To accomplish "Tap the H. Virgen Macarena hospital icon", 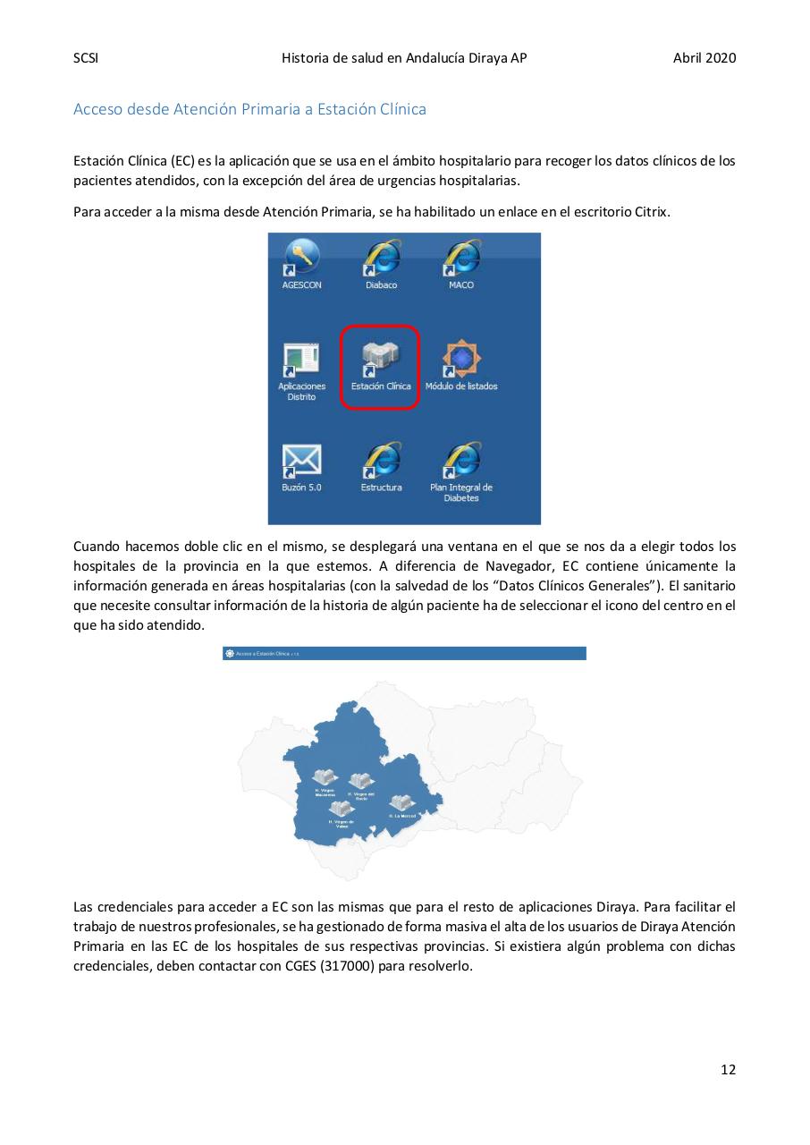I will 325,777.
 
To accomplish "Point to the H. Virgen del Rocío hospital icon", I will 360,782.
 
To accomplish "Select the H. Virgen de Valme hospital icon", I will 342,809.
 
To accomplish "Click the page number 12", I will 728,1069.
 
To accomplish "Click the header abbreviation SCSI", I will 85,58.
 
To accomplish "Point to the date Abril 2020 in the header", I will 705,58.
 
